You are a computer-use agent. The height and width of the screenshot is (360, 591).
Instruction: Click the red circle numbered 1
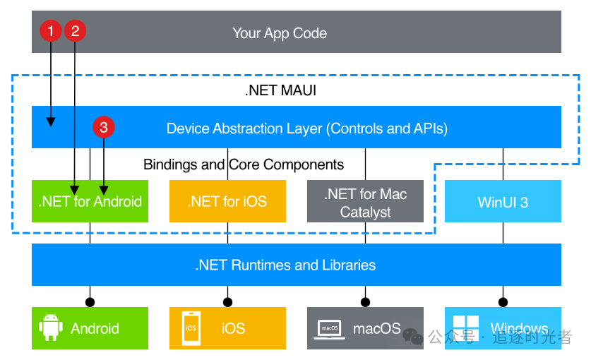(51, 30)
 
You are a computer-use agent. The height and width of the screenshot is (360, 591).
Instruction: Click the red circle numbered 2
(76, 30)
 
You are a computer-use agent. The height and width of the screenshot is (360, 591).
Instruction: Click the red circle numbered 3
(104, 127)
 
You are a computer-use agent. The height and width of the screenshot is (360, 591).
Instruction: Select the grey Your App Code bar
(297, 32)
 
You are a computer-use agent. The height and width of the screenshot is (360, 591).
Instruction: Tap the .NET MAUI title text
(280, 90)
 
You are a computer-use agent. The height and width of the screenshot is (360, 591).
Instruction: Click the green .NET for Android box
(90, 202)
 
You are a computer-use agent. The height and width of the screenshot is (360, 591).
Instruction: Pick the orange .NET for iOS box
(227, 202)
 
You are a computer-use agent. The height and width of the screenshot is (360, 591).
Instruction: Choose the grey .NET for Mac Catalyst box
(365, 202)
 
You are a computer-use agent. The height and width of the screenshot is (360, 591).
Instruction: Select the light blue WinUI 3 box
(503, 202)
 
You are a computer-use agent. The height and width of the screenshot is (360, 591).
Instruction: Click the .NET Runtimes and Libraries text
(285, 265)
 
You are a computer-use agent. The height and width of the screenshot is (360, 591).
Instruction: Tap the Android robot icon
(49, 328)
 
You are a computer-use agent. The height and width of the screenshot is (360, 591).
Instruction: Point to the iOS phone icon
(191, 328)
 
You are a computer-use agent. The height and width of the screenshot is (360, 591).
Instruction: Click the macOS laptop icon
(330, 328)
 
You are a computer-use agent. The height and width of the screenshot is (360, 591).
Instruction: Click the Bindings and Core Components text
(244, 164)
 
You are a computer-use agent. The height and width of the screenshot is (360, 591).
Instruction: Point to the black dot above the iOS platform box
(227, 302)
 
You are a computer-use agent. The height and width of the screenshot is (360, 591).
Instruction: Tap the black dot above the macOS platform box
(365, 302)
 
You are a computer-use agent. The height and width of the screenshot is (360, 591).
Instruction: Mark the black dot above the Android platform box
(90, 302)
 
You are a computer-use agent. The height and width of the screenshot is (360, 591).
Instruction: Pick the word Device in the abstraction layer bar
(187, 128)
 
